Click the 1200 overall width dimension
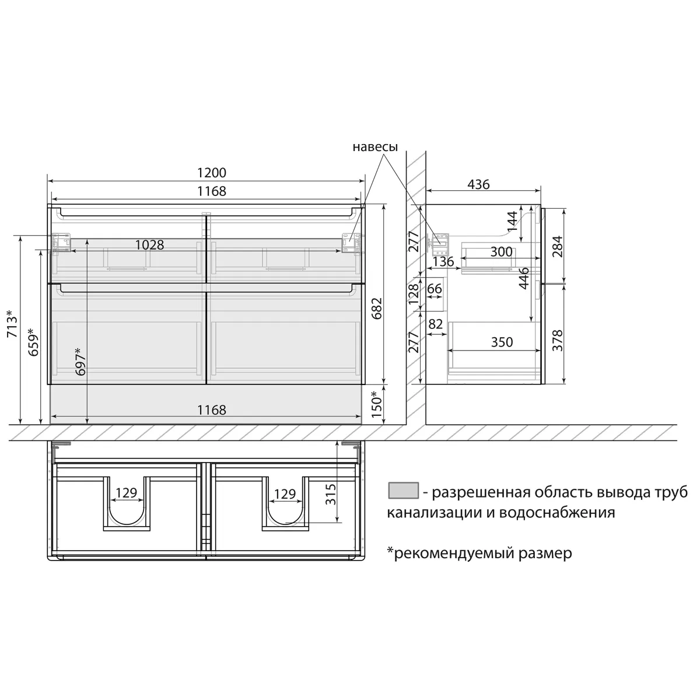[211, 173]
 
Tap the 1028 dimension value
[150, 245]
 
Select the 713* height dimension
[12, 324]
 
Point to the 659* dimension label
[34, 342]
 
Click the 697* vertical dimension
[81, 361]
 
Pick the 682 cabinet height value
[377, 309]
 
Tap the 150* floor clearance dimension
[377, 404]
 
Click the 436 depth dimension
[478, 184]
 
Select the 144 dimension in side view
[512, 221]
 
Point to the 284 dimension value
[557, 246]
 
